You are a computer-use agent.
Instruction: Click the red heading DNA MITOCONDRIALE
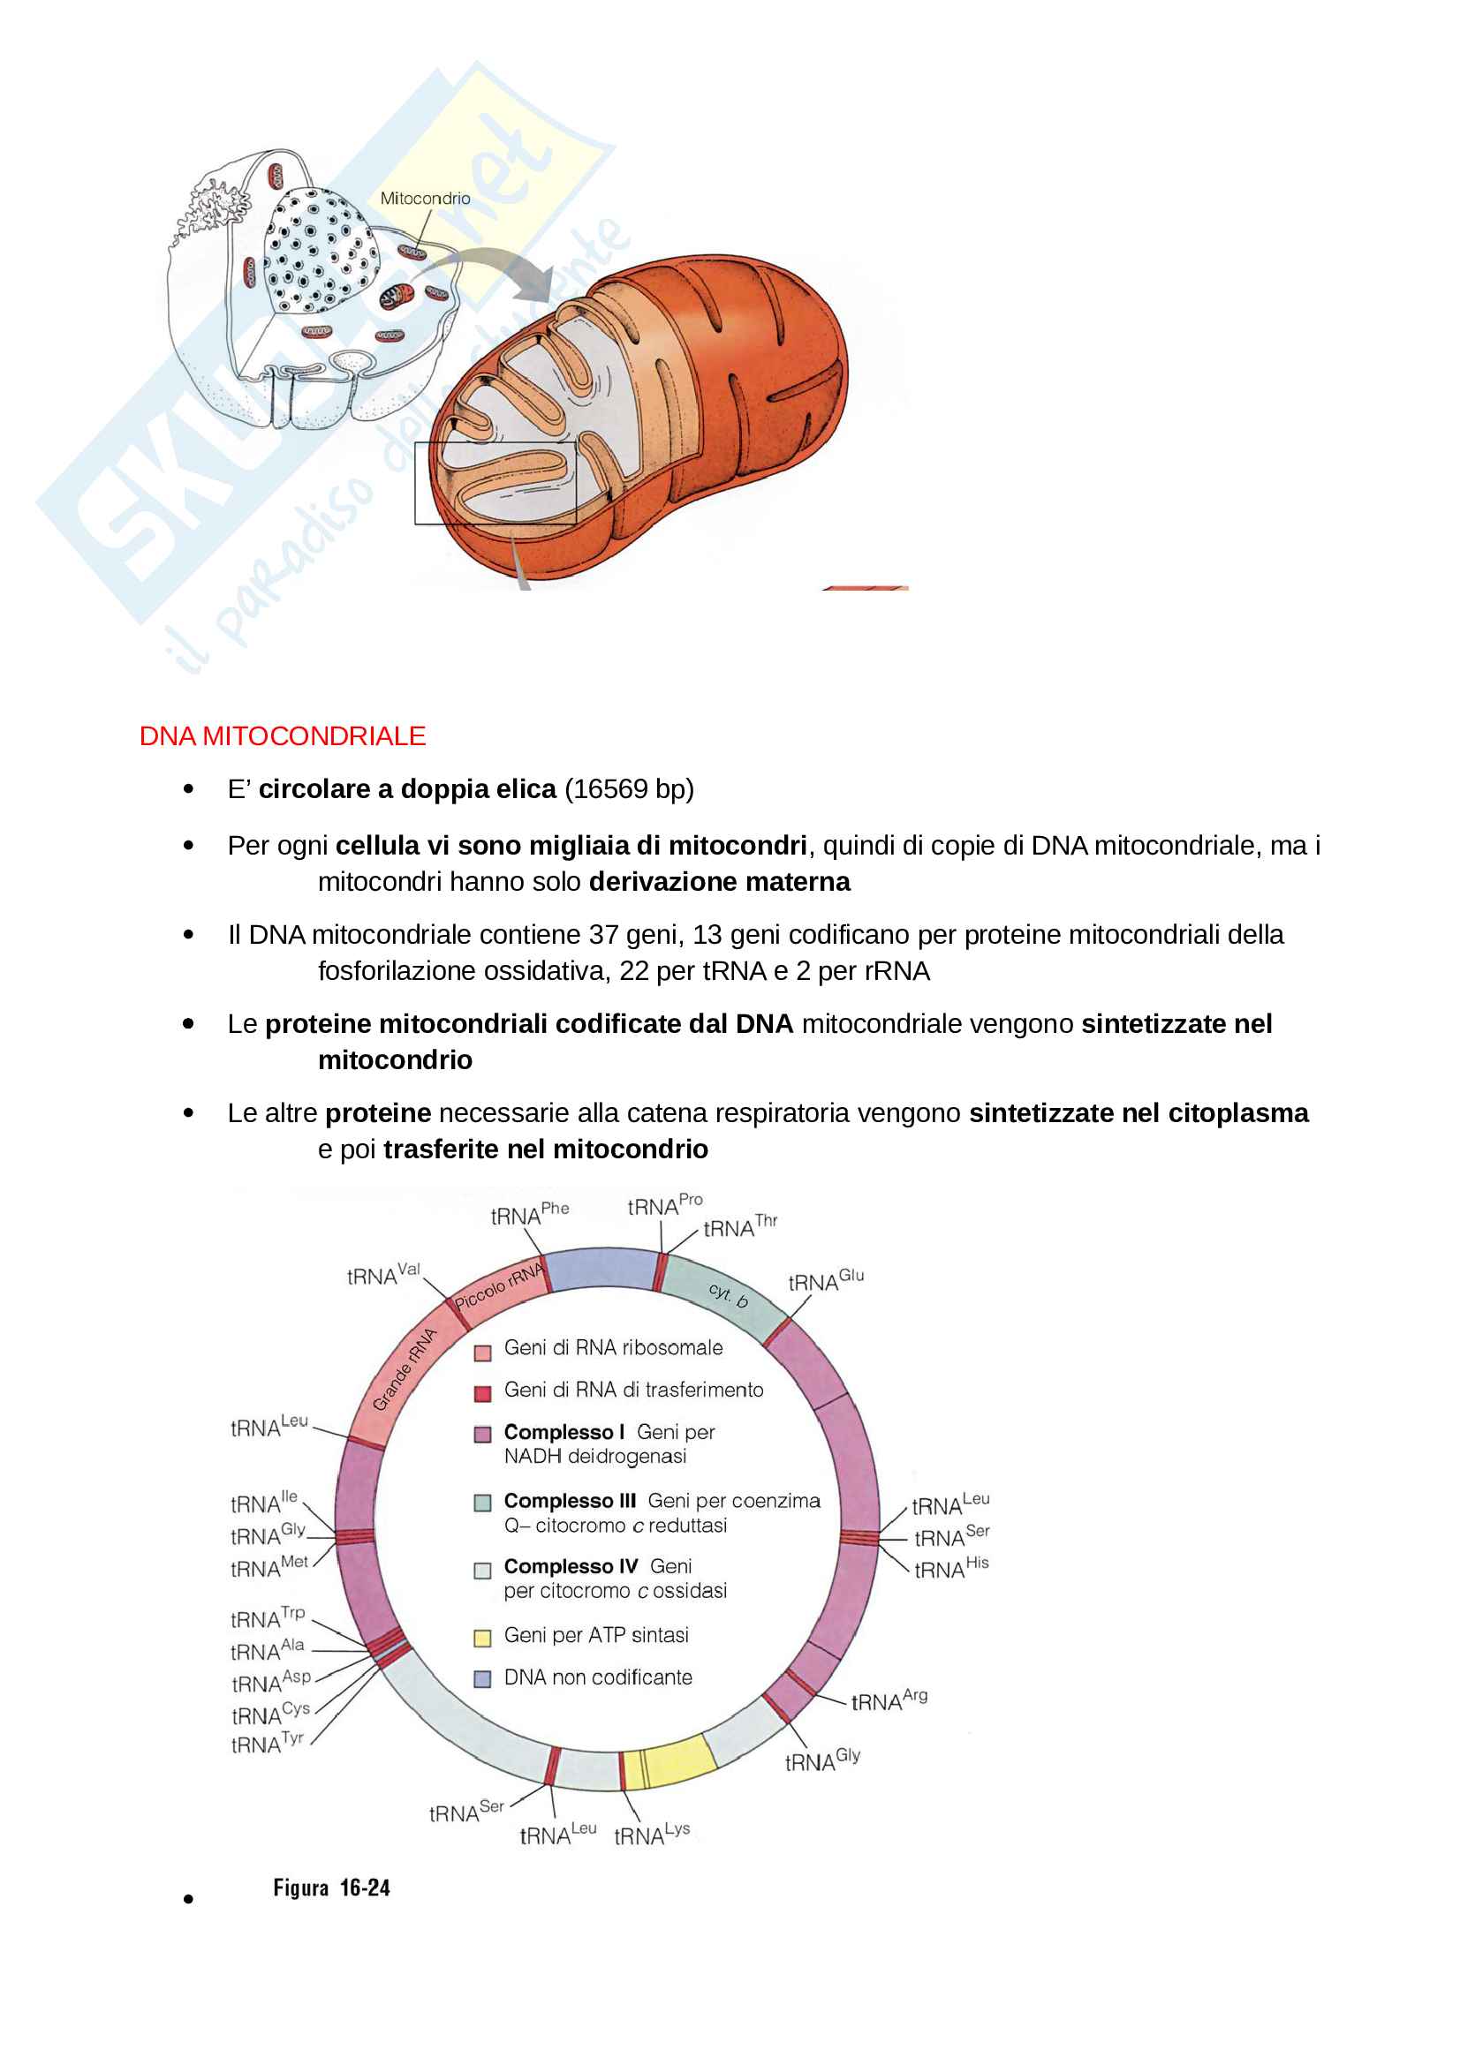(283, 735)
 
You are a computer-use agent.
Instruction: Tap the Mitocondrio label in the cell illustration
(425, 199)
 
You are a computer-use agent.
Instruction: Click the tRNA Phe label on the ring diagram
(530, 1213)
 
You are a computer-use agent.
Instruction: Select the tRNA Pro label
(666, 1204)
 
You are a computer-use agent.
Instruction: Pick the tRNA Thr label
(740, 1226)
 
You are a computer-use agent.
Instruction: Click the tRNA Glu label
(826, 1280)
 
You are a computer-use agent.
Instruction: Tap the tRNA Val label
(384, 1275)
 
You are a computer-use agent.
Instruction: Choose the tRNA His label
(952, 1592)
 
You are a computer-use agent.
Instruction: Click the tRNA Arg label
(889, 1699)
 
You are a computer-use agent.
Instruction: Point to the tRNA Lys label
(652, 1835)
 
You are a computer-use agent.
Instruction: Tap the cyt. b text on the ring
(728, 1296)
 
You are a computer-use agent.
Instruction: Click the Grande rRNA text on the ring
(404, 1370)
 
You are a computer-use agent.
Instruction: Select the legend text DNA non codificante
(598, 1677)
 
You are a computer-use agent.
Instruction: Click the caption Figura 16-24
(332, 1888)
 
